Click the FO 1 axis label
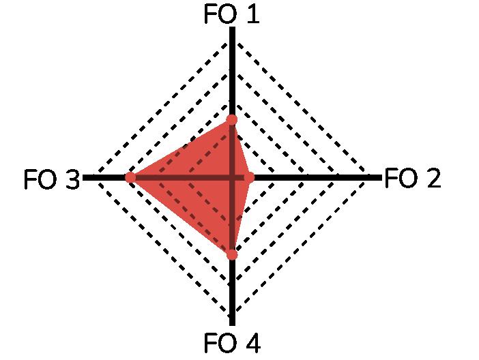click(x=232, y=14)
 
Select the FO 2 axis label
click(x=413, y=179)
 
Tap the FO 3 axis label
click(x=51, y=181)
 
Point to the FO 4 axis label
click(x=232, y=344)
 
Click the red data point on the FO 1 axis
click(x=232, y=120)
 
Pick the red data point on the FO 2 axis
click(x=249, y=177)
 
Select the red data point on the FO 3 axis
click(x=130, y=177)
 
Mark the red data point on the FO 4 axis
click(x=232, y=254)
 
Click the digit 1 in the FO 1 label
click(x=252, y=14)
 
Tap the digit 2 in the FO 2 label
click(x=432, y=179)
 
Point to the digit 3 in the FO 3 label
click(x=72, y=181)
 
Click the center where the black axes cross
click(x=232, y=177)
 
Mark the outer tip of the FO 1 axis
click(x=232, y=29)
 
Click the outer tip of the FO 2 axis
click(x=381, y=177)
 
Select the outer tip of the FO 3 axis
click(x=83, y=177)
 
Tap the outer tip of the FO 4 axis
click(x=232, y=325)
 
